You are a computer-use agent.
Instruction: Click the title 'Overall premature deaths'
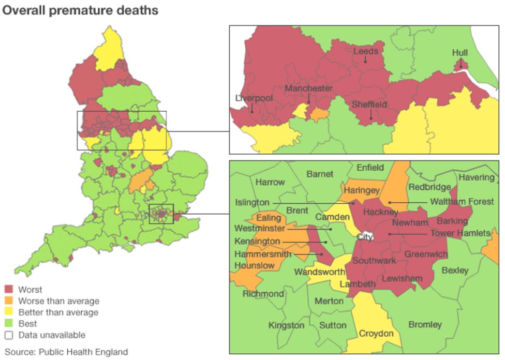pos(80,10)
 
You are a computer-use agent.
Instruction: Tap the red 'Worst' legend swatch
pos(9,290)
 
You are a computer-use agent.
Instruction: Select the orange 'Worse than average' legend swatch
pos(9,301)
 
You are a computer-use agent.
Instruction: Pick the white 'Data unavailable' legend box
pos(9,335)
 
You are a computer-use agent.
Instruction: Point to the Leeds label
pos(365,51)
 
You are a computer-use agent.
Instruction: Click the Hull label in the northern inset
pos(459,53)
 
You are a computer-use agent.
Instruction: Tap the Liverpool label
pos(253,98)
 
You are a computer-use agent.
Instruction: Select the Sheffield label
pos(369,104)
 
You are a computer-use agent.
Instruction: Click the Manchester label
pos(308,88)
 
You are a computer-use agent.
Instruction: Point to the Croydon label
pos(376,334)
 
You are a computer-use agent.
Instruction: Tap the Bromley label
pos(425,325)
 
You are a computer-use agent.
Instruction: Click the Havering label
pos(476,177)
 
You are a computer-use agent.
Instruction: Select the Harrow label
pos(270,182)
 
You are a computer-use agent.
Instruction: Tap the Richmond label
pos(263,294)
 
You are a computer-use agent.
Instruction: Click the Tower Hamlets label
pos(460,234)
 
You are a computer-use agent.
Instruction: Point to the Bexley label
pos(455,270)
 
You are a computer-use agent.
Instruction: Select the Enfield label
pos(370,168)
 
